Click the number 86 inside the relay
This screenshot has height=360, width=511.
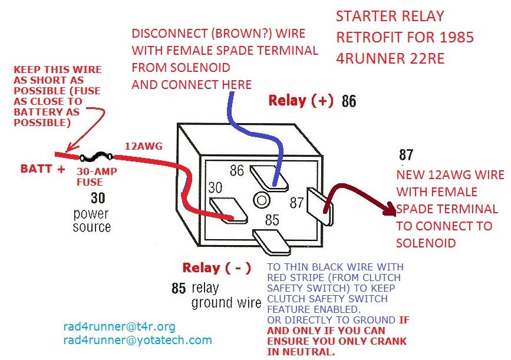tap(237, 171)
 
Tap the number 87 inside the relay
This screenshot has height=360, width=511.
tap(296, 202)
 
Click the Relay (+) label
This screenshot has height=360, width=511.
tap(301, 100)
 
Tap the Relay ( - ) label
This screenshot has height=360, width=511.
tap(216, 268)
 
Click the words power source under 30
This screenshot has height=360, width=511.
tap(91, 219)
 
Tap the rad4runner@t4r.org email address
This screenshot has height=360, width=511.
tap(118, 326)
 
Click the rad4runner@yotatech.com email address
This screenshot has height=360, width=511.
tap(137, 340)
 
